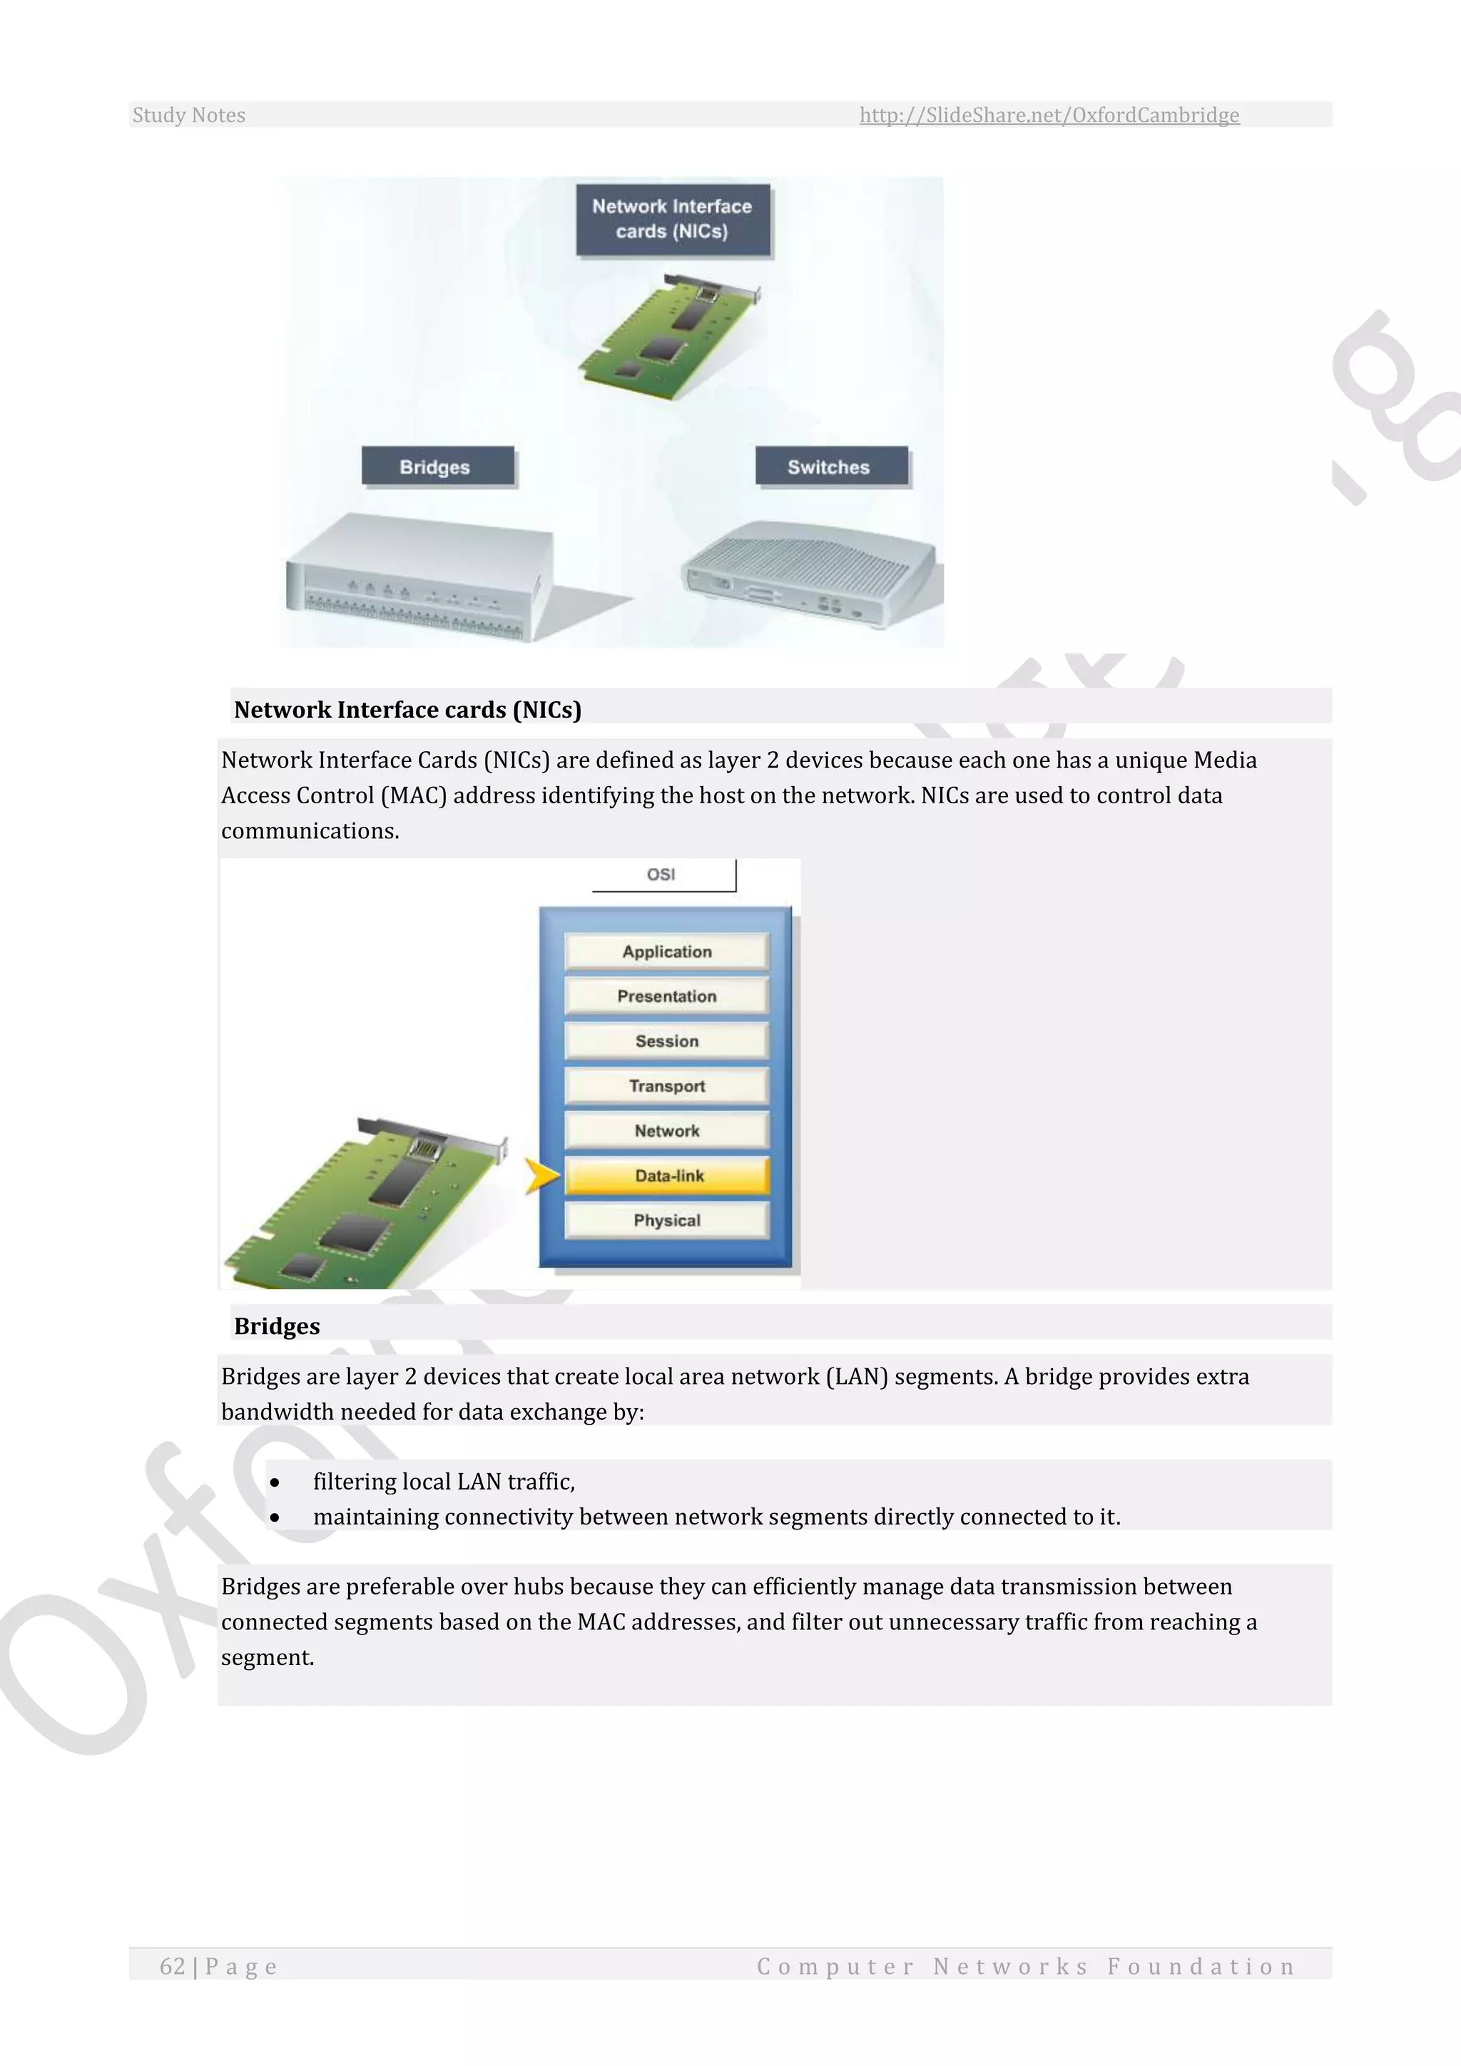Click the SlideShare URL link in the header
pos(1049,115)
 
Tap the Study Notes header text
pos(189,115)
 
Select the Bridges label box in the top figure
pos(437,466)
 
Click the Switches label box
pos(830,466)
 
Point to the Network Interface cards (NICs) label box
pos(672,219)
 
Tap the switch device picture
pos(810,574)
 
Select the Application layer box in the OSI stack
pos(666,951)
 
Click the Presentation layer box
pos(666,996)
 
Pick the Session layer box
pos(666,1041)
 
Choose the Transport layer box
pos(666,1086)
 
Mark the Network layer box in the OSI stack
pos(666,1131)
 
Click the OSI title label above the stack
pos(661,875)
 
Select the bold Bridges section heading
pos(277,1326)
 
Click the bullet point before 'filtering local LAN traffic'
pos(275,1482)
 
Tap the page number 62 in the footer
pos(173,1966)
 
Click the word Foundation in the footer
pos(1201,1966)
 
